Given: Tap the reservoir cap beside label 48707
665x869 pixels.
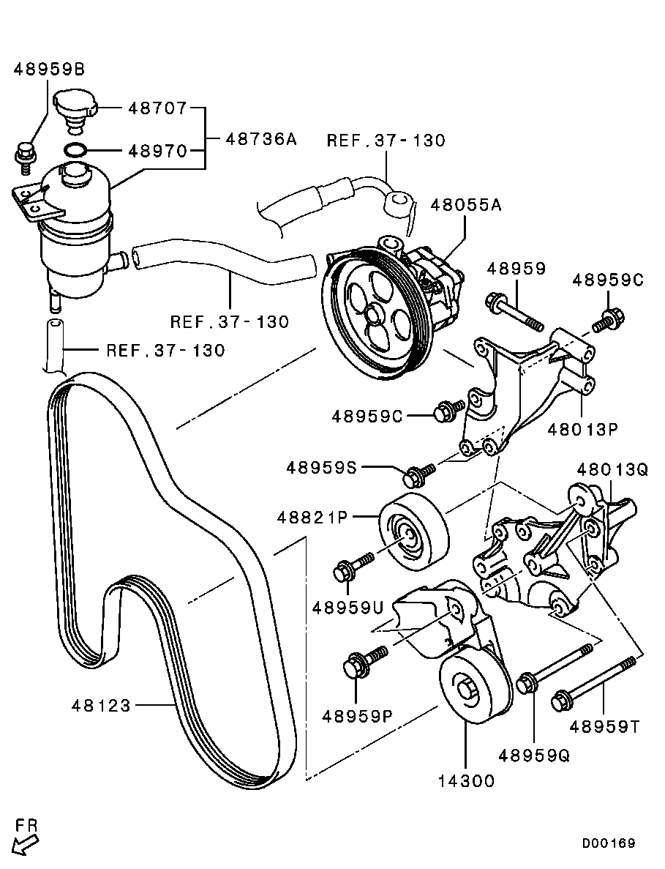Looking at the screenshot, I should click(72, 106).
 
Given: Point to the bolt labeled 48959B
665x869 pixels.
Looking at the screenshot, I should click(25, 156).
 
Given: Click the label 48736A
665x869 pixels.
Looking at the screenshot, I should click(261, 138).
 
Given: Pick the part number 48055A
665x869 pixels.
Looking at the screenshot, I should click(466, 206).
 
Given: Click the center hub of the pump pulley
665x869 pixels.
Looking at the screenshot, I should click(374, 316).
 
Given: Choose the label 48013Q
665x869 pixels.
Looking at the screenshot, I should click(612, 470).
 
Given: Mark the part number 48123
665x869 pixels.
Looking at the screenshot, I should click(101, 706).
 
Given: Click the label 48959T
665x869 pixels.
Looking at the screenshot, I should click(604, 726).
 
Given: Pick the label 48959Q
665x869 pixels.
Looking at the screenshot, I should click(534, 755).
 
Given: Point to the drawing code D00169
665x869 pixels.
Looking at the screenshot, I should click(609, 843).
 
